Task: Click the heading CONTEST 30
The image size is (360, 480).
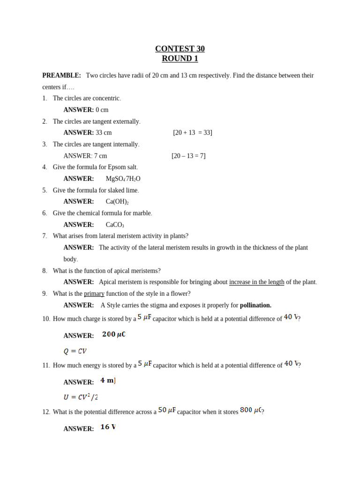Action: click(180, 49)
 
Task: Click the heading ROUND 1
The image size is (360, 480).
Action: click(180, 59)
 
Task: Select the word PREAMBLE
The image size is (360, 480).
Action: click(61, 75)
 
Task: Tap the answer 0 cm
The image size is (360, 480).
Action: click(102, 110)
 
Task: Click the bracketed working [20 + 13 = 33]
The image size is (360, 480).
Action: click(192, 133)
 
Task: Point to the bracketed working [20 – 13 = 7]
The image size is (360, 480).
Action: click(188, 156)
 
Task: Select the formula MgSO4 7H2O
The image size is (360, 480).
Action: click(123, 179)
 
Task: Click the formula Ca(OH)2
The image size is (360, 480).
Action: click(117, 202)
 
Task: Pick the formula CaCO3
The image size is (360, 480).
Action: click(115, 225)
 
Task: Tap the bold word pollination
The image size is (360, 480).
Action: click(255, 305)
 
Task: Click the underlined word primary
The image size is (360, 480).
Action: click(94, 293)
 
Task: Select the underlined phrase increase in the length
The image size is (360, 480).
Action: click(256, 282)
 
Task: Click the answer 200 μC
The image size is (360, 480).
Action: click(114, 335)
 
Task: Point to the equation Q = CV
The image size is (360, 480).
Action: click(75, 351)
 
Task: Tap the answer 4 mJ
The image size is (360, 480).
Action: click(108, 381)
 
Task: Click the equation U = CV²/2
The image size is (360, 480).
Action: click(81, 397)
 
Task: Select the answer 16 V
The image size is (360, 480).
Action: click(108, 427)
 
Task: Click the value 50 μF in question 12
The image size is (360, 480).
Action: click(167, 410)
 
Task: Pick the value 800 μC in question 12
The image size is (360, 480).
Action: click(251, 410)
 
